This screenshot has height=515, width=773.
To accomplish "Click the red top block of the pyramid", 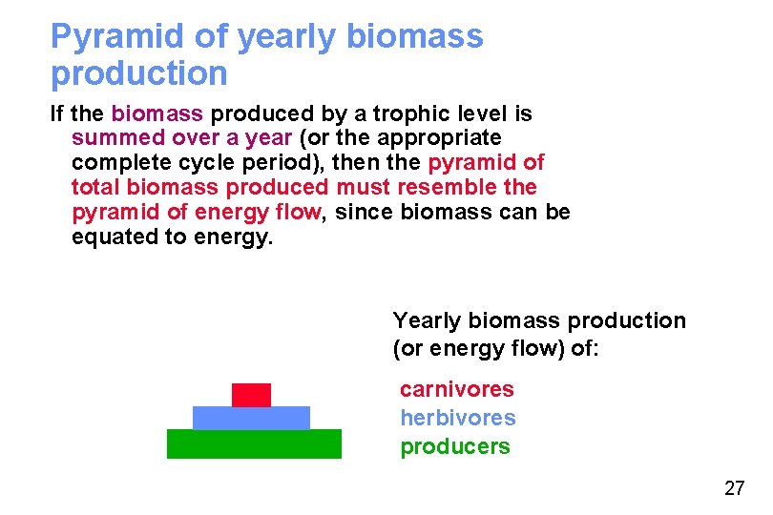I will point(251,395).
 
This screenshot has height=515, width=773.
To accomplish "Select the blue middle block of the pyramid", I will point(251,418).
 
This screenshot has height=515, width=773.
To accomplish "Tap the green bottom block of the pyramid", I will point(254,443).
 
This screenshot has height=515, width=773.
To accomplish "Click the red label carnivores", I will point(456,389).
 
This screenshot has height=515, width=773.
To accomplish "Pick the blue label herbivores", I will point(457,418).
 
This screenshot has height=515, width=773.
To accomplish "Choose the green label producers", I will point(454,446).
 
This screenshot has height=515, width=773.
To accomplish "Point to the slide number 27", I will point(734,489).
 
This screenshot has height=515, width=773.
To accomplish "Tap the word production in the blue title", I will point(138,73).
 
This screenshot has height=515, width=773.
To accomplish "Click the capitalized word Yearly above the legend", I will point(427,320).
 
